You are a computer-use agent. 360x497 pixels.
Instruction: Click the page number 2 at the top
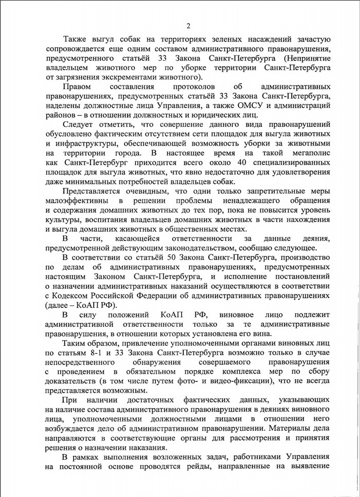click(188, 27)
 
